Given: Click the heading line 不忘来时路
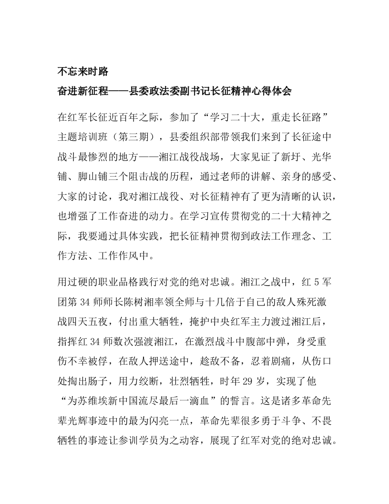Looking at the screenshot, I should coord(83,72).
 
